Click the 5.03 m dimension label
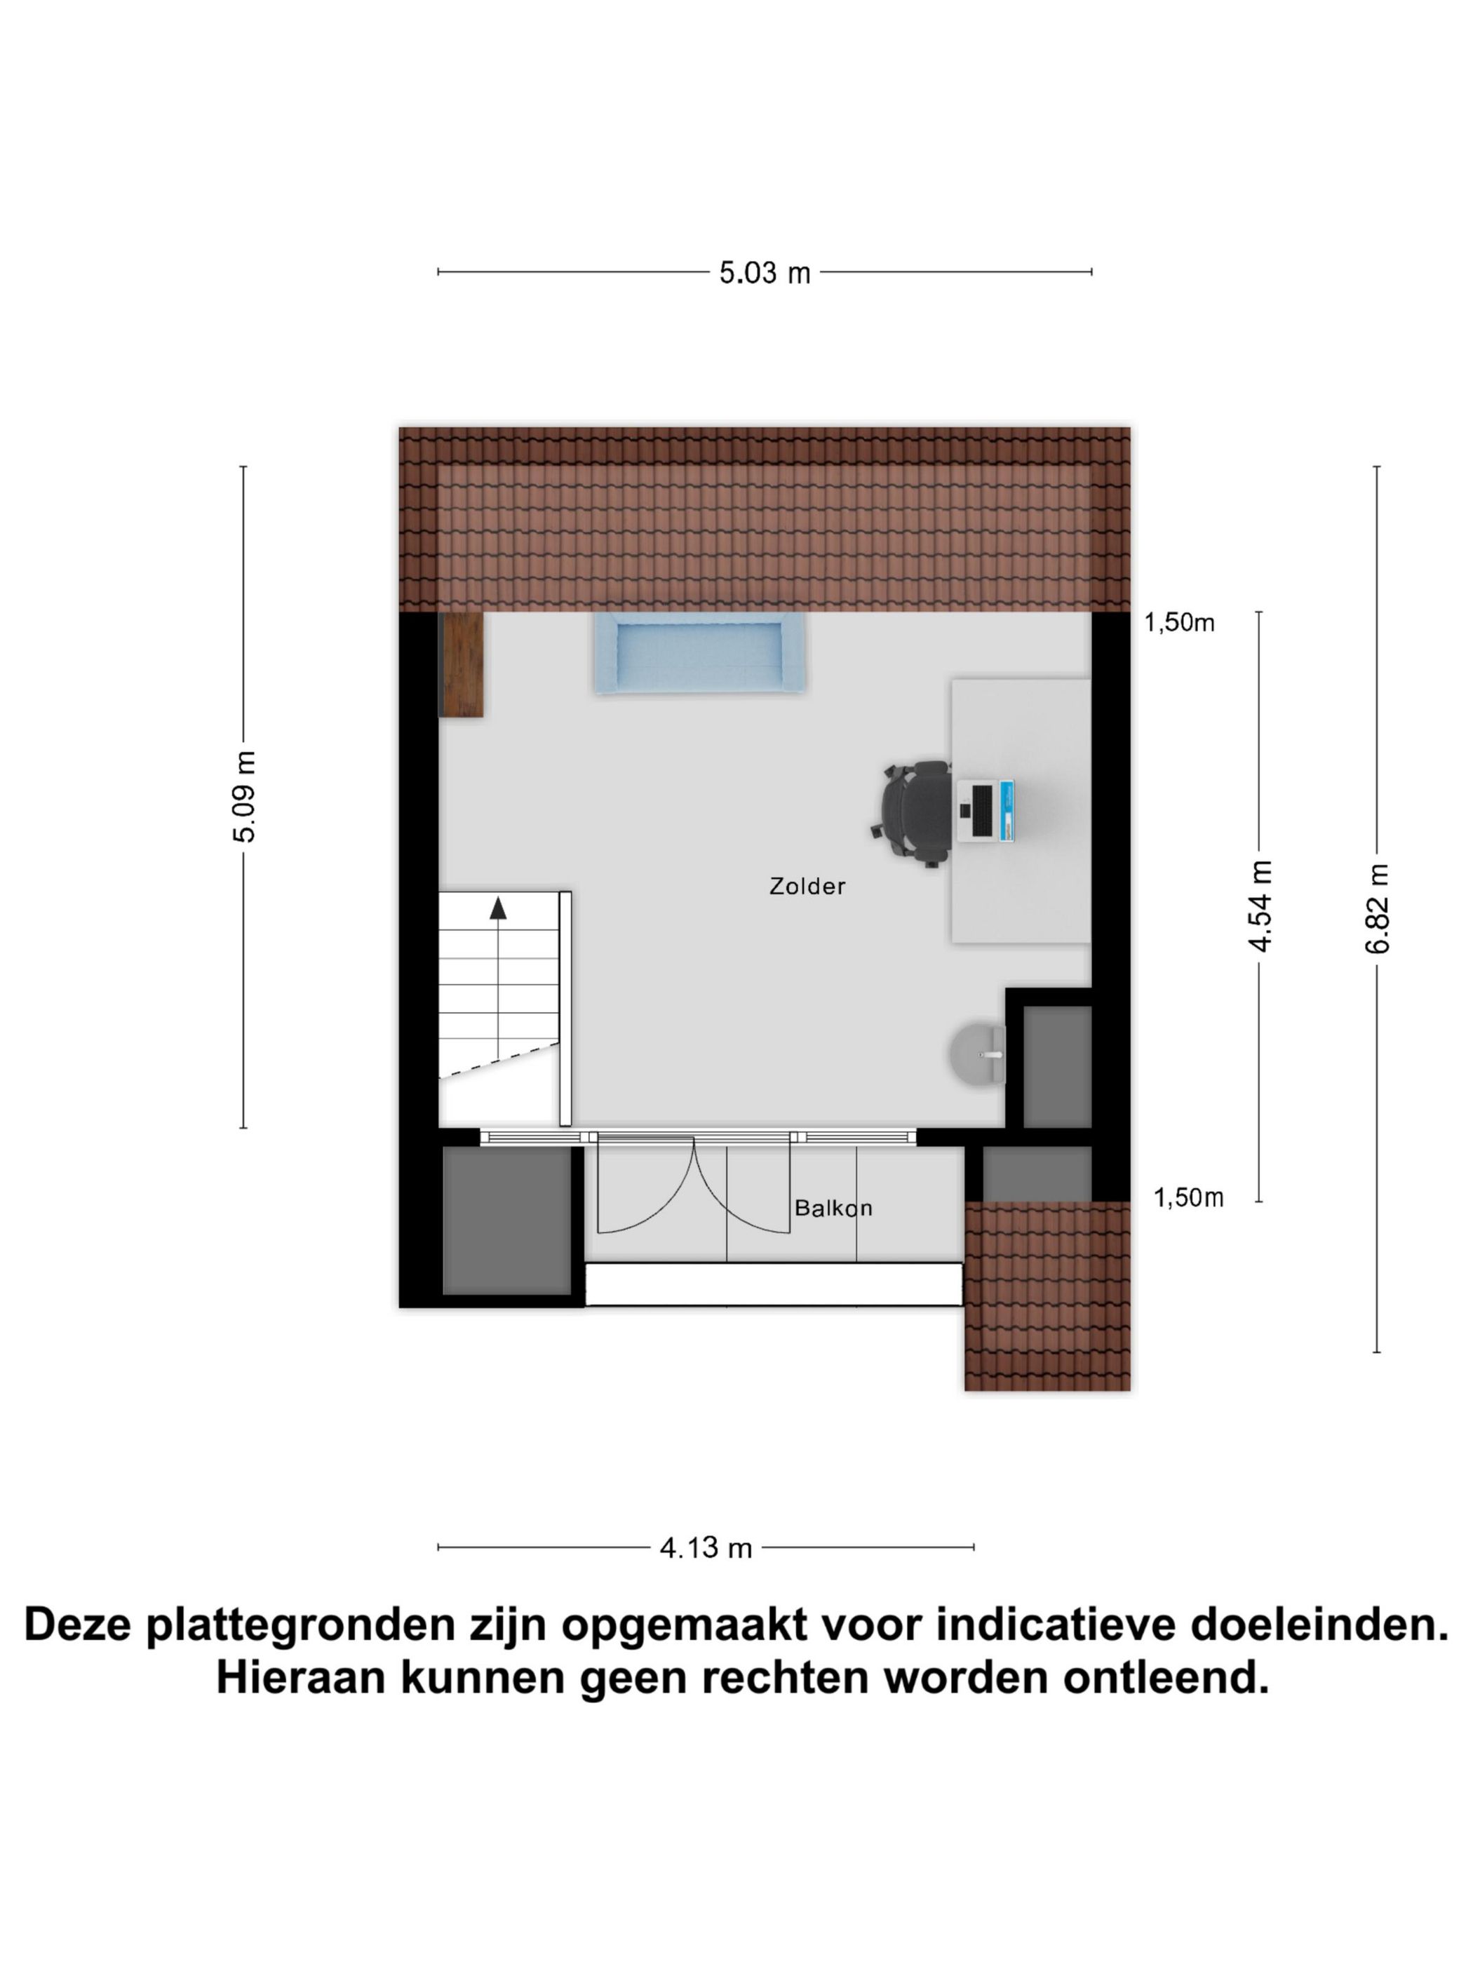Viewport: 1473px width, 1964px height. (764, 273)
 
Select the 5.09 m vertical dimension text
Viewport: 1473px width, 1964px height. (245, 795)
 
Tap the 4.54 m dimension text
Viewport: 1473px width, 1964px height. (1260, 905)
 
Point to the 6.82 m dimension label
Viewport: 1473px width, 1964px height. (1376, 908)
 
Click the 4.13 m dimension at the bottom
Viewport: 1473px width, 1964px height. (705, 1547)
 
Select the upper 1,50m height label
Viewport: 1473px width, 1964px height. (1178, 624)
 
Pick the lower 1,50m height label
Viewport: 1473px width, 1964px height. (1187, 1199)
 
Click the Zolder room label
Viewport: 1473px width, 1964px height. (806, 886)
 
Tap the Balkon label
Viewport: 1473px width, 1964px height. (832, 1208)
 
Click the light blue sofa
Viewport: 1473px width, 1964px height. (699, 654)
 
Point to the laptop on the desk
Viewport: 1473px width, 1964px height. (986, 809)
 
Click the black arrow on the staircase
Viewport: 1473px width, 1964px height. (498, 908)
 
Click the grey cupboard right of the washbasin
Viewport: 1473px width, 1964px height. (1056, 1066)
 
